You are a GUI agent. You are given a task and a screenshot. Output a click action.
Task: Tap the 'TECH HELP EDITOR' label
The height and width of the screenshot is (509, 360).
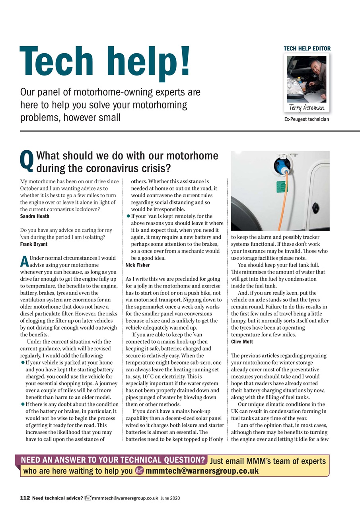(307, 49)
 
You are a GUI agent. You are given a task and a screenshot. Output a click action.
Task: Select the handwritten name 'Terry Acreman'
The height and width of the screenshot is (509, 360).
(307, 108)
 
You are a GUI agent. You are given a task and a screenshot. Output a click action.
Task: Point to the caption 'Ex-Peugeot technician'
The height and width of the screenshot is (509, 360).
(307, 119)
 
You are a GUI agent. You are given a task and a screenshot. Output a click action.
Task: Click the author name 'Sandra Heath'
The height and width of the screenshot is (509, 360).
(35, 216)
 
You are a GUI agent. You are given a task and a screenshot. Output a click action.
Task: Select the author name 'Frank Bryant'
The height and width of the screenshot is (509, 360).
(33, 244)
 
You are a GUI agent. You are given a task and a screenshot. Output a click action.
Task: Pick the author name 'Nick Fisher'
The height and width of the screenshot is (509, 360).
(138, 265)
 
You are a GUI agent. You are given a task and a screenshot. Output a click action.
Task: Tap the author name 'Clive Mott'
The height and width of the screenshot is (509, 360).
(242, 342)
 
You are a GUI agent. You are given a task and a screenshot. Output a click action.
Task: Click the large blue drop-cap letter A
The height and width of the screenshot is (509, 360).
(24, 262)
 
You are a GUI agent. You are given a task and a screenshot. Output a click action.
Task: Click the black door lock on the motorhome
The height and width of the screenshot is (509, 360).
(316, 207)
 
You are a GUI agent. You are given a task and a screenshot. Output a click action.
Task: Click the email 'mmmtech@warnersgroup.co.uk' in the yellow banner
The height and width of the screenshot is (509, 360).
(202, 471)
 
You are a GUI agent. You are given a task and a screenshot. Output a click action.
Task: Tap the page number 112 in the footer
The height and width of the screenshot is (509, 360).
(25, 498)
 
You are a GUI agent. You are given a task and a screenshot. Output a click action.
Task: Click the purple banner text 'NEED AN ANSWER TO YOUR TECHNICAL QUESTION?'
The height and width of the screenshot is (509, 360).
(113, 460)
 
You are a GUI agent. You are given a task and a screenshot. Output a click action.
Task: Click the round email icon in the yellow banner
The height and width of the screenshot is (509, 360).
(139, 471)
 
